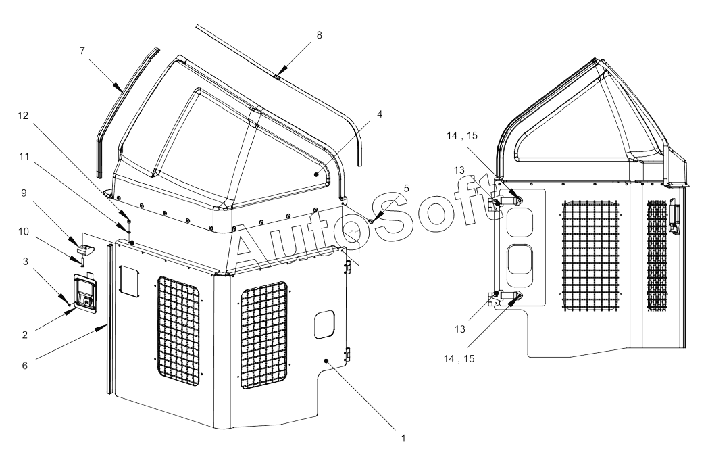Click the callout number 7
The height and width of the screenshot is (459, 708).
click(82, 51)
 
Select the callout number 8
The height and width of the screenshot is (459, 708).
click(320, 35)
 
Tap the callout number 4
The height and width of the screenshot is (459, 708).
click(380, 114)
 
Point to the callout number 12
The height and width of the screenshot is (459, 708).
click(23, 116)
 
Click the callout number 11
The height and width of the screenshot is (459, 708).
click(24, 157)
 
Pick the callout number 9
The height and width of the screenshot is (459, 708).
click(24, 193)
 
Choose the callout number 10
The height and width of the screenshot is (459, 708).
click(24, 232)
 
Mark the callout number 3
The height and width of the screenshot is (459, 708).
click(26, 262)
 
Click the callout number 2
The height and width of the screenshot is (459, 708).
click(25, 335)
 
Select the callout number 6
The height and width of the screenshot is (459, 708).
click(25, 366)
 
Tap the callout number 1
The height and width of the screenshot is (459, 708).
click(404, 438)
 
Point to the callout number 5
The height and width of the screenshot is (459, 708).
click(407, 189)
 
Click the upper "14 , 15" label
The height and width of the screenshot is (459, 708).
click(462, 135)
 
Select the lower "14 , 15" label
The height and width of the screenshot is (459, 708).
click(459, 359)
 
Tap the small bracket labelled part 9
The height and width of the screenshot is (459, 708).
click(85, 249)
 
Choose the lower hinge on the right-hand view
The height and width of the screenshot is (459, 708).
click(505, 297)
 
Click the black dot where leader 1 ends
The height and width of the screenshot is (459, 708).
click(327, 360)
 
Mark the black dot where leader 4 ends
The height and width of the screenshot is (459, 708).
click(317, 174)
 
